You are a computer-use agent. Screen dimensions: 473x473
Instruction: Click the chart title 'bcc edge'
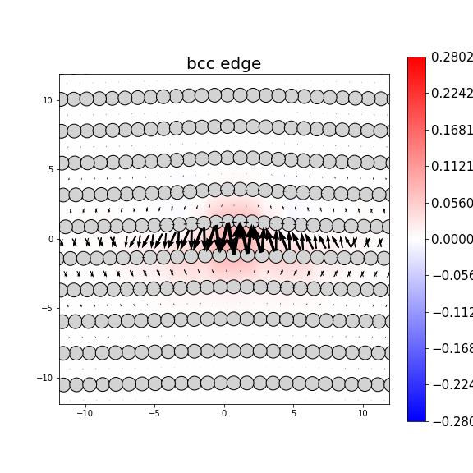(x=223, y=64)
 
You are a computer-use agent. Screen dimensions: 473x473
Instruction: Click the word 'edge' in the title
(x=242, y=64)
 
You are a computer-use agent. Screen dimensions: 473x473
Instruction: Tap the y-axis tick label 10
(x=48, y=100)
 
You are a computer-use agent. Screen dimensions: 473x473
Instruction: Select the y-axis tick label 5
(x=50, y=170)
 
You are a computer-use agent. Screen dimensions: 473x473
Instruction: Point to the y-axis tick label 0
(x=50, y=240)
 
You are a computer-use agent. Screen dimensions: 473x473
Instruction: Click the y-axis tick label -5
(x=48, y=309)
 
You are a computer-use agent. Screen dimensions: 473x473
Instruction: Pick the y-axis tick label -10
(x=45, y=378)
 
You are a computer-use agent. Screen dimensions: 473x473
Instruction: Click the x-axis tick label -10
(x=85, y=413)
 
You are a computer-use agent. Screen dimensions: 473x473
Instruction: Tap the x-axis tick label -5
(x=154, y=413)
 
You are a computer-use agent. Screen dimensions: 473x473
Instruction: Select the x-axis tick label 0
(x=224, y=413)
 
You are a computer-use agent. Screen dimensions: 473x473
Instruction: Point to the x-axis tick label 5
(x=293, y=413)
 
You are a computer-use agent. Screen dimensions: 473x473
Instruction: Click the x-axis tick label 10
(x=363, y=413)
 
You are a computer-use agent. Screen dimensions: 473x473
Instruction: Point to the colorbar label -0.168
(x=452, y=349)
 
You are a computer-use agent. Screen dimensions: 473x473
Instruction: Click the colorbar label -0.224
(x=452, y=385)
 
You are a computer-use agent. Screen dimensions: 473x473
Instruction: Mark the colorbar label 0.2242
(x=452, y=94)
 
